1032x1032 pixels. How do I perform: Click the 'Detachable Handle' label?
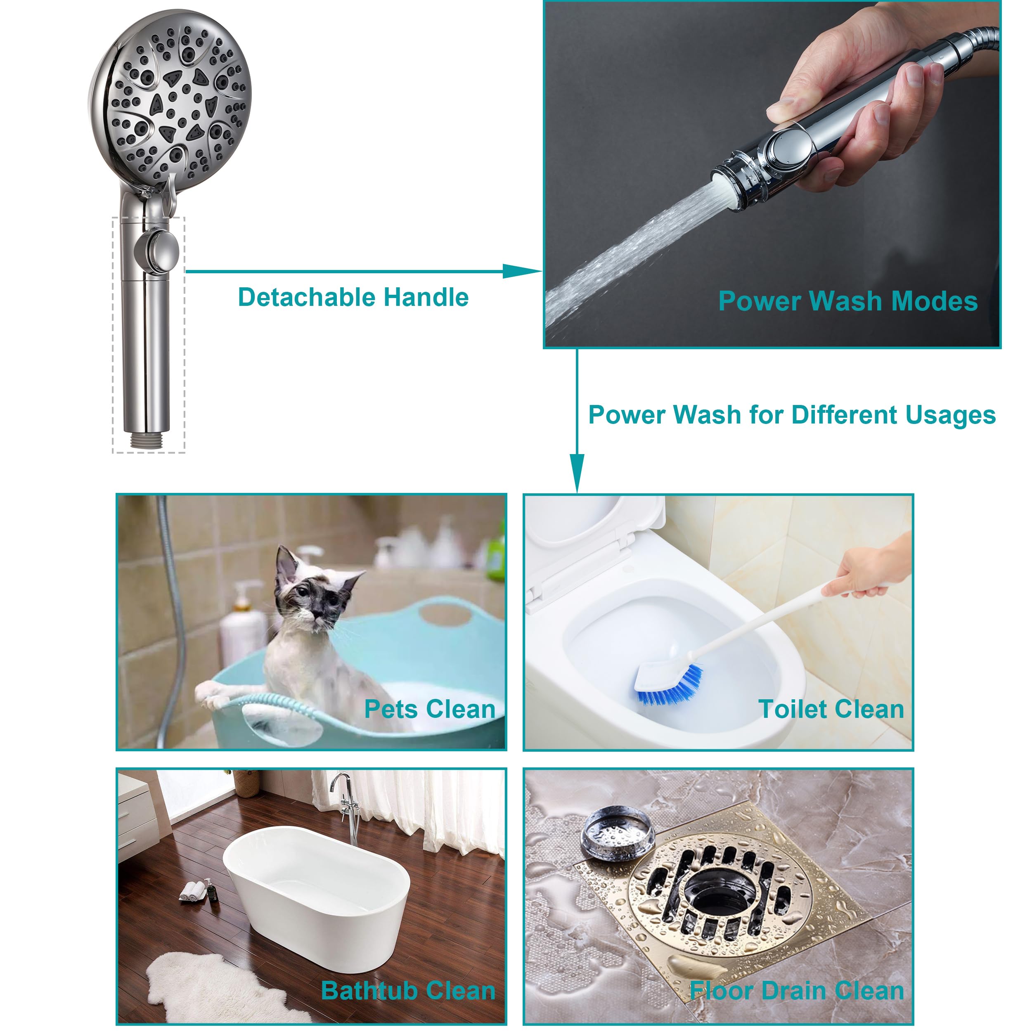(x=353, y=298)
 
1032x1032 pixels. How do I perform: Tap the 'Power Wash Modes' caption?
(x=848, y=301)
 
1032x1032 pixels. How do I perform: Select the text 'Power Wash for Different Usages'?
(x=792, y=415)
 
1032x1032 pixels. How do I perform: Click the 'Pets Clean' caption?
(x=429, y=709)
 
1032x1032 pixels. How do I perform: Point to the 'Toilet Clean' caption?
(x=831, y=709)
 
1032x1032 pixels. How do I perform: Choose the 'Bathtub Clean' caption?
(x=408, y=991)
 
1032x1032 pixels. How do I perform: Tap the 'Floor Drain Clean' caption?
(x=796, y=991)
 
